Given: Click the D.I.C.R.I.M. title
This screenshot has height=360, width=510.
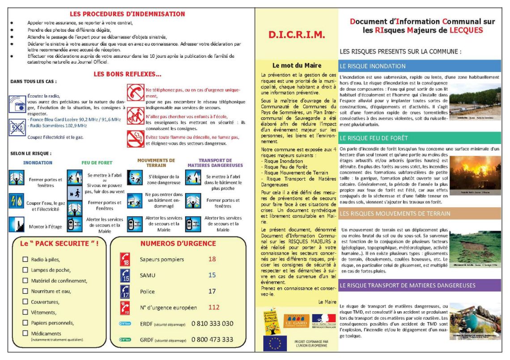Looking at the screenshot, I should click(297, 34).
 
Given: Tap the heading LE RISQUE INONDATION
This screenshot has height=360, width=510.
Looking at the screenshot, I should click(373, 66).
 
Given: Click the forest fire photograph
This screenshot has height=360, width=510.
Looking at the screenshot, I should click(475, 172).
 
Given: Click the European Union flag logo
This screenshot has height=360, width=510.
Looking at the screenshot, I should click(275, 343).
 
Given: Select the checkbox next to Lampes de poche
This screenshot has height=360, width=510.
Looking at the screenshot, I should click(25, 270).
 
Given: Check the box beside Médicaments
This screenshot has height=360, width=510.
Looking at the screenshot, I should click(25, 333).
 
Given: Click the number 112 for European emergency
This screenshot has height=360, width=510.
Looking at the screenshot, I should click(213, 307).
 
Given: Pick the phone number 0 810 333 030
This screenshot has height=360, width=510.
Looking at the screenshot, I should click(212, 323).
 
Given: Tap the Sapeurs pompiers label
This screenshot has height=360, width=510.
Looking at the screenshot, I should click(161, 259).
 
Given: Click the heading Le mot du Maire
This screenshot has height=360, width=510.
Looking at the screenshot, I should click(297, 65).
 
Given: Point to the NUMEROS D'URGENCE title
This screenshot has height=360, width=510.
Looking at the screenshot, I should click(178, 244).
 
